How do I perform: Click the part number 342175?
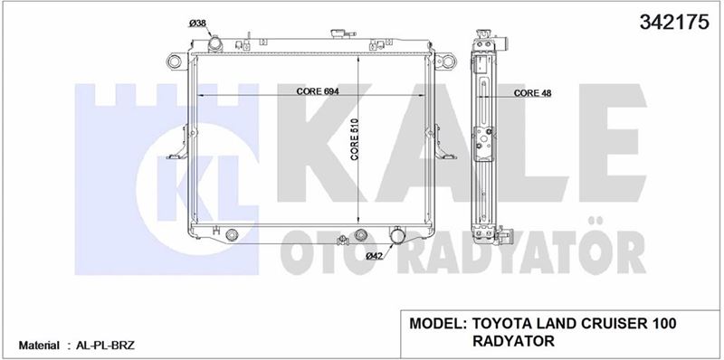coord(673,22)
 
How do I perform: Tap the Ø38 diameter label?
coord(196,24)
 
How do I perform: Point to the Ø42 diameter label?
coord(375,257)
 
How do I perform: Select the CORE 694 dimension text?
coord(318,91)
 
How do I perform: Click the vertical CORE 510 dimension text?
coord(355,139)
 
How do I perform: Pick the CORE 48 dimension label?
coord(532,93)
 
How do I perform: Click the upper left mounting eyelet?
coord(175,61)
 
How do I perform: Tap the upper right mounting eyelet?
coord(447,61)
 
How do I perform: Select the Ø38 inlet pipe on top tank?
coord(215,44)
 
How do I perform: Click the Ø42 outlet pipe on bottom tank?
coord(397,235)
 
